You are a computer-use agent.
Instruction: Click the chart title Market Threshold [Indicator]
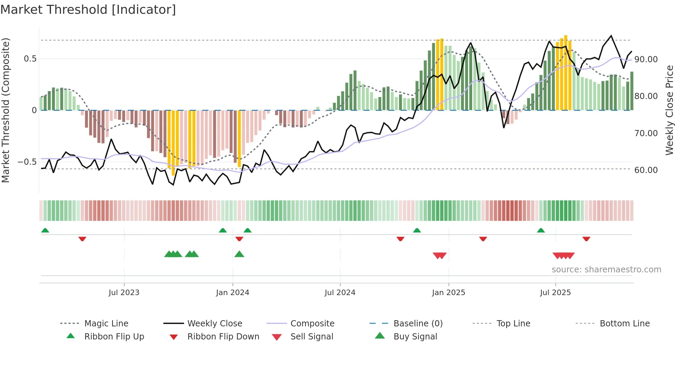coord(88,10)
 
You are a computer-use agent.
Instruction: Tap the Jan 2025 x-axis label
coord(448,293)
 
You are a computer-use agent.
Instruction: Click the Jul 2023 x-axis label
coord(124,293)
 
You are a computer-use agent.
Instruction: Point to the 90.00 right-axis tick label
coord(646,59)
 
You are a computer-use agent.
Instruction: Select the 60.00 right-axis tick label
coord(646,170)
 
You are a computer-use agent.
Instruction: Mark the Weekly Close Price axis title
coord(669,110)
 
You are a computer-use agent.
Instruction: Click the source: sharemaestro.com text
coord(606,269)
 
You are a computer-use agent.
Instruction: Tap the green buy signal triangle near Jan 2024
coord(239,255)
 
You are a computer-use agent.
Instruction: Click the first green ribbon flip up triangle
coord(45,230)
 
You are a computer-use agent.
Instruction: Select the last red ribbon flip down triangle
coord(586,239)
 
